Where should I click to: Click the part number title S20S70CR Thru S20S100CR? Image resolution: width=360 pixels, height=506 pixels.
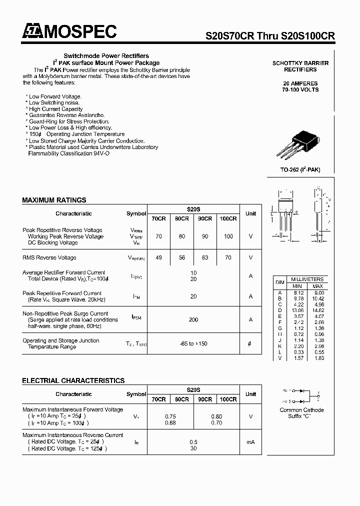[270, 36]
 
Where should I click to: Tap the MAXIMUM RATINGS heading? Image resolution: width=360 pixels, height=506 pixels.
[54, 200]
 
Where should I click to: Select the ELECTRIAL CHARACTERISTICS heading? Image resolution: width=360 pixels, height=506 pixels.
[73, 381]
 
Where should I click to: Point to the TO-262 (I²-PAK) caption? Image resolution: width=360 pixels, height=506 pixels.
[300, 170]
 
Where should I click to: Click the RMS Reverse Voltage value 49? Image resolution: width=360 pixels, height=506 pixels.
[158, 258]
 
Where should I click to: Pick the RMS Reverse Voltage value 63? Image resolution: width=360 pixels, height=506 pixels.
[205, 258]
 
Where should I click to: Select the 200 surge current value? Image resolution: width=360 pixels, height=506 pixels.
[193, 319]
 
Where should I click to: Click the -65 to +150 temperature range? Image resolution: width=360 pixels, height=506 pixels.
[193, 343]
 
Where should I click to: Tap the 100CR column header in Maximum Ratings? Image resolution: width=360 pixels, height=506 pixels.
[228, 218]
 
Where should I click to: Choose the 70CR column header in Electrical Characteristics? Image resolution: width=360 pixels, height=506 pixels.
[158, 399]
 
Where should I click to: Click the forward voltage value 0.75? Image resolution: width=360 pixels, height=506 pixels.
[170, 416]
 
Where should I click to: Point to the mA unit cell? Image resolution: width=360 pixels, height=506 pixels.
[250, 442]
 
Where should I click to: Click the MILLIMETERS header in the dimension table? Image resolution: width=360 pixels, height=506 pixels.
[306, 279]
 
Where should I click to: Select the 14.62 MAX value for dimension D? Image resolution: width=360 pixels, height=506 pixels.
[318, 310]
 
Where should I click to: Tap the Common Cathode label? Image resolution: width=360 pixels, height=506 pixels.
[301, 410]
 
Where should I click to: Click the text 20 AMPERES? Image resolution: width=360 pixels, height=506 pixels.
[300, 83]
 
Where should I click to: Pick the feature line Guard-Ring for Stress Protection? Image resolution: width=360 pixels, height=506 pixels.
[69, 121]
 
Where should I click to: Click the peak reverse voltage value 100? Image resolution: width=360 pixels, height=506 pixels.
[228, 236]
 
